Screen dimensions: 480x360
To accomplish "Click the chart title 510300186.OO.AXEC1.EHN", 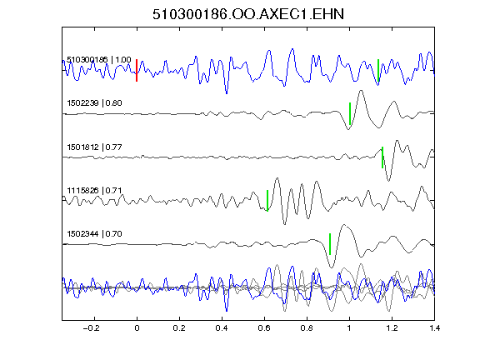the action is pos(248,14).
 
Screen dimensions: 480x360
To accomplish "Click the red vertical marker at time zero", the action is pos(137,70).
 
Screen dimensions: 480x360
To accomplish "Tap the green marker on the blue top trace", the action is pos(378,70).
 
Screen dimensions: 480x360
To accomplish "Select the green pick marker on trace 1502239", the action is pos(350,114).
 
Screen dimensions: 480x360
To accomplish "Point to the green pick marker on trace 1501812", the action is pos(382,157).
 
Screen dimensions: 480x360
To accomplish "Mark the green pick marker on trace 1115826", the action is pos(267,201).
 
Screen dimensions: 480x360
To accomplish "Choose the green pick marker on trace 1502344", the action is pos(330,244).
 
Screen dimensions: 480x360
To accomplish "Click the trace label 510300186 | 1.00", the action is pos(99,59).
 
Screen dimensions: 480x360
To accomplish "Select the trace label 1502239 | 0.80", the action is pos(95,102).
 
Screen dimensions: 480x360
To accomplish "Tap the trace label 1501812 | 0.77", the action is pos(95,147).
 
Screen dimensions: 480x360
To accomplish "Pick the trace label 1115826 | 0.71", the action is pos(95,191).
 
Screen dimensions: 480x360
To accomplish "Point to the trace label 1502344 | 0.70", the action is pos(95,234).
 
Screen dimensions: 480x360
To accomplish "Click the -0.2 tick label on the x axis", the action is pos(92,328).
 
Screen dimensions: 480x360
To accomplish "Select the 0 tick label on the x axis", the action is pos(137,328).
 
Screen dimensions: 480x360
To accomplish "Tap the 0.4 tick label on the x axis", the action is pos(222,328).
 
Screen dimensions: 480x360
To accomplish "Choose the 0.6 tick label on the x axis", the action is pos(264,328).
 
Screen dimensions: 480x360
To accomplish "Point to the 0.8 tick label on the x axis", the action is pos(307,328).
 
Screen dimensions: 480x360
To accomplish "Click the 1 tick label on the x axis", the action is pos(349,328).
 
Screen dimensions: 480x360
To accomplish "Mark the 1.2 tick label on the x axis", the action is pos(392,328).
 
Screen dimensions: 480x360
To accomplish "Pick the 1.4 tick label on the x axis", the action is pos(434,328).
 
